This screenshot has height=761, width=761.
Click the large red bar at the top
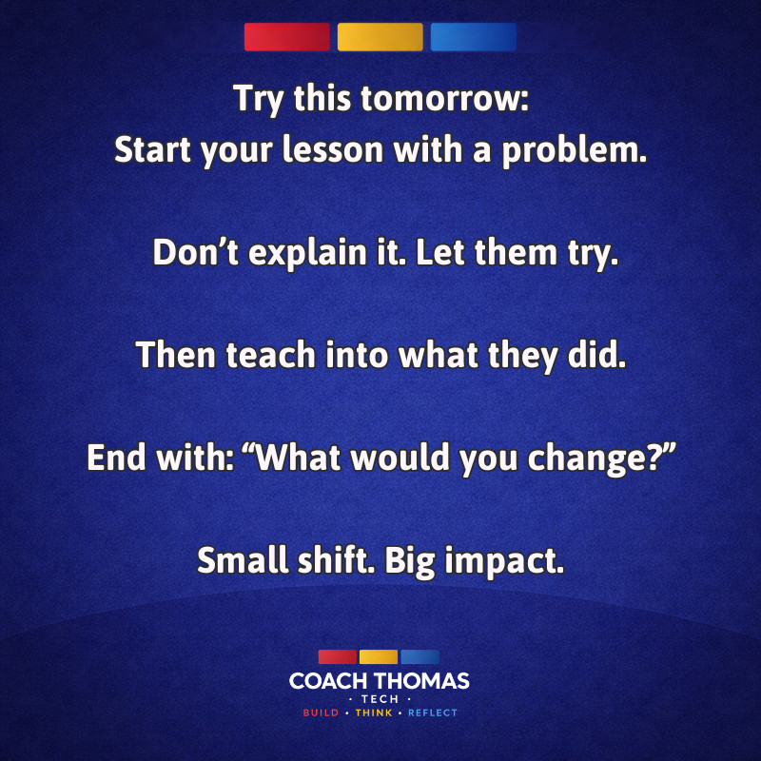286,37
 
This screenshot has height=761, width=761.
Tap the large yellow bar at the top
380,37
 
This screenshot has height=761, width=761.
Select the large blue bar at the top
473,37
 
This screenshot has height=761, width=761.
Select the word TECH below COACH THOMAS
380,699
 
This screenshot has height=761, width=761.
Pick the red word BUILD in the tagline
321,712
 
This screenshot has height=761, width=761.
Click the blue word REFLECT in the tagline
433,712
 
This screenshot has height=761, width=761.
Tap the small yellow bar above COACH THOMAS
379,657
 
